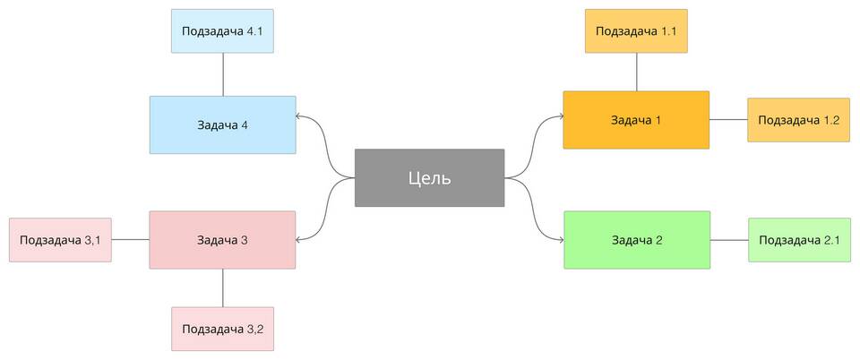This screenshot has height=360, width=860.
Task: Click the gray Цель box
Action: (429, 177)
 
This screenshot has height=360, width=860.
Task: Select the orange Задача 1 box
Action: (636, 120)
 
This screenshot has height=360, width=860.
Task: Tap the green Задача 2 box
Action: (637, 240)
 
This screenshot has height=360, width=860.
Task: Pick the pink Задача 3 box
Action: (223, 240)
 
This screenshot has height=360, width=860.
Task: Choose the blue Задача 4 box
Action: (223, 125)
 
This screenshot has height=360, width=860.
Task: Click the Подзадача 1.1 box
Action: (636, 31)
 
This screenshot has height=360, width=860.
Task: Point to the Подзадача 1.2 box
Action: (798, 120)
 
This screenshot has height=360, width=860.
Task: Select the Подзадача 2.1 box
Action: (800, 240)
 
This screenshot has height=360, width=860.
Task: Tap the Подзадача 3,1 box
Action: (60, 240)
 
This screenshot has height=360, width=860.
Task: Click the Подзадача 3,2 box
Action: (223, 329)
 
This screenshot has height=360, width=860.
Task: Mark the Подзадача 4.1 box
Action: (223, 31)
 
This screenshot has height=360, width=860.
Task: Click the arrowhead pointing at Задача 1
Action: (560, 116)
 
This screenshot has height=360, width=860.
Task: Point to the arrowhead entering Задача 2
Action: (561, 240)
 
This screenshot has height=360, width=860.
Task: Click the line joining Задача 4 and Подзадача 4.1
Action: (223, 74)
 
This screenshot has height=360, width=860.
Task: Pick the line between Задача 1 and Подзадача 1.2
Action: (728, 119)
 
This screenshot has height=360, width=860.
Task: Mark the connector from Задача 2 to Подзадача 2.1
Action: (729, 240)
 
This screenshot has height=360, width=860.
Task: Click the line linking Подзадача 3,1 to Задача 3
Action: (131, 239)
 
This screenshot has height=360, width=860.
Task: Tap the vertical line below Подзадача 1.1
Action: (636, 72)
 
